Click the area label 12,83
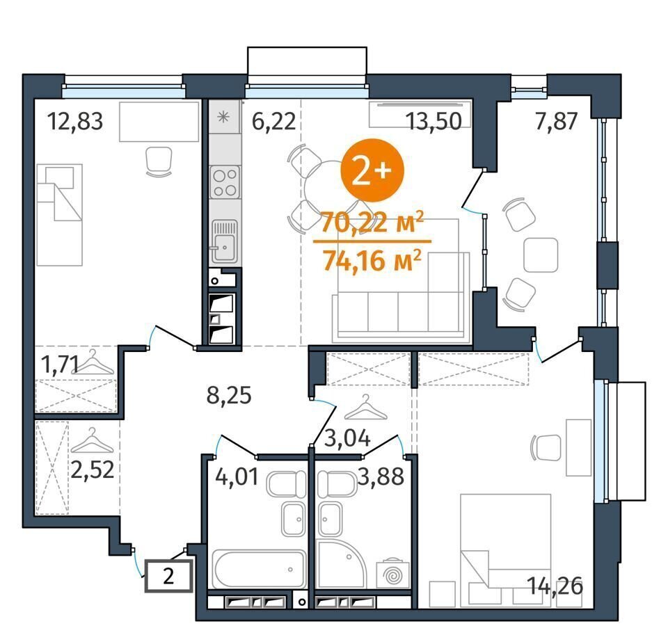(75, 121)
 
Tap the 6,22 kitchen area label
(273, 121)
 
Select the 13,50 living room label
(434, 121)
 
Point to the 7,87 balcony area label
(557, 121)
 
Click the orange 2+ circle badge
(372, 171)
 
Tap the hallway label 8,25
(229, 395)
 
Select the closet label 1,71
(58, 364)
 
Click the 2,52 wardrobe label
(93, 469)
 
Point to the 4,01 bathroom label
(237, 476)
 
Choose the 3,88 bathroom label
(381, 476)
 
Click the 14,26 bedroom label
(555, 586)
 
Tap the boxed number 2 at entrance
(168, 577)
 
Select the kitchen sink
(225, 241)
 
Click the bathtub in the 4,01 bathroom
(260, 569)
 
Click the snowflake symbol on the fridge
(223, 117)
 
